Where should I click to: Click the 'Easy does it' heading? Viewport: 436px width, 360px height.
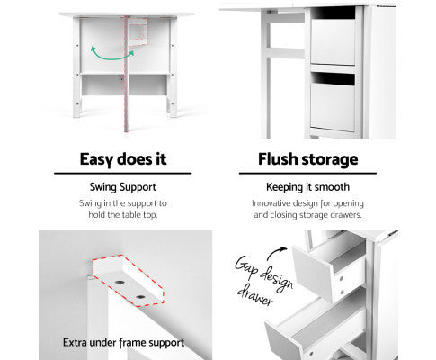(x=123, y=159)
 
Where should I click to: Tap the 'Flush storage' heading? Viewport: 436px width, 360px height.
(x=308, y=159)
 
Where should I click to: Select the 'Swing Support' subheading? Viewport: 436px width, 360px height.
(x=123, y=187)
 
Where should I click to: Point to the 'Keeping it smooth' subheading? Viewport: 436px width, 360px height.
(x=307, y=187)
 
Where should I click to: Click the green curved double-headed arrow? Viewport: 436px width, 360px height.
(x=112, y=58)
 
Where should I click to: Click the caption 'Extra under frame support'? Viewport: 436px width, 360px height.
(x=123, y=343)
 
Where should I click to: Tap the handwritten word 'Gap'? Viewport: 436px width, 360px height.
(x=246, y=265)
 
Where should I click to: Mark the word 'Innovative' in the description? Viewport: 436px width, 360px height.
(x=271, y=203)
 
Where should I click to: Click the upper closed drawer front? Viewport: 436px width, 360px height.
(x=333, y=41)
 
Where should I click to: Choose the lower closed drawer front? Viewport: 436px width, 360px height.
(x=333, y=107)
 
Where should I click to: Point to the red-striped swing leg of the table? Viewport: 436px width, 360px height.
(x=127, y=74)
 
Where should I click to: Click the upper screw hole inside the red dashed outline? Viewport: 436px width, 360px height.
(x=120, y=283)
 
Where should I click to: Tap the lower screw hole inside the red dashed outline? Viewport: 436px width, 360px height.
(x=140, y=297)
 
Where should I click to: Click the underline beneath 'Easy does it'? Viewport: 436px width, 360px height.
(x=123, y=173)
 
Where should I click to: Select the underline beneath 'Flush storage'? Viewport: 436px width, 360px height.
(x=307, y=173)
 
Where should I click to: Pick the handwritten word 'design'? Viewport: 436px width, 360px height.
(x=276, y=280)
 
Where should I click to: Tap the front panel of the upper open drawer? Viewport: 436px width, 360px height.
(x=313, y=273)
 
